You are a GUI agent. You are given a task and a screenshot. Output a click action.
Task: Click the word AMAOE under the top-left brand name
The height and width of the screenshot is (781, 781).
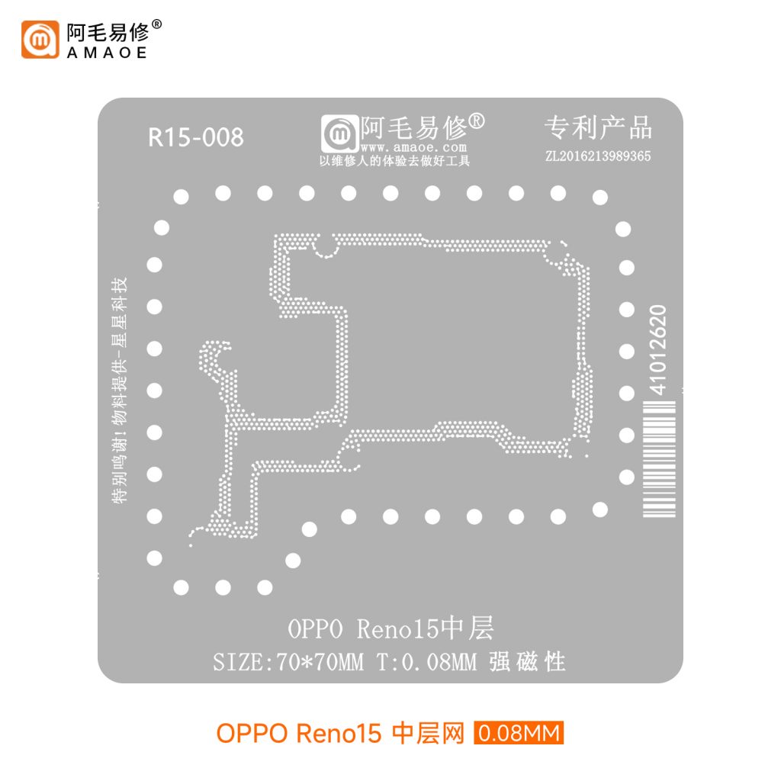[x=106, y=53]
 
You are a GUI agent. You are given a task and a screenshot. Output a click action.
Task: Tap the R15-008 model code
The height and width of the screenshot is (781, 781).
[x=196, y=137]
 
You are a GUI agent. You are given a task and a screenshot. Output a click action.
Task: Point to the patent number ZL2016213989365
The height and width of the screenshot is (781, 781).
[x=598, y=157]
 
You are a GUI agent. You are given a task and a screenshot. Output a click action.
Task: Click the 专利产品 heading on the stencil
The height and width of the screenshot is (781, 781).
[x=598, y=128]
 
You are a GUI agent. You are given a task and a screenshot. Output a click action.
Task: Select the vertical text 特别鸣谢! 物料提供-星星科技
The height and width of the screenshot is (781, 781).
[x=120, y=389]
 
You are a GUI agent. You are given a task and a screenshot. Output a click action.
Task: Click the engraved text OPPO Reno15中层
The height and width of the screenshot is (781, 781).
[x=390, y=630]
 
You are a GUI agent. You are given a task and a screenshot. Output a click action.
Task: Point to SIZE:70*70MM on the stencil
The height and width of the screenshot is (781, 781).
[x=288, y=662]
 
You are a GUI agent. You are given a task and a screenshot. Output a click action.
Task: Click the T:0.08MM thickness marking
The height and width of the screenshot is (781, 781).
[x=426, y=662]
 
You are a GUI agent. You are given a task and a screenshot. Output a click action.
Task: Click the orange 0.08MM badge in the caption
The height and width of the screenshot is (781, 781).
[x=519, y=734]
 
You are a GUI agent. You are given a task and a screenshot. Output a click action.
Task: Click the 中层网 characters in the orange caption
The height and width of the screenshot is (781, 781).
[x=427, y=734]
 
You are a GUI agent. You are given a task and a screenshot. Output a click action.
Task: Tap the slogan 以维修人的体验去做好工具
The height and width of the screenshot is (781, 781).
[x=394, y=161]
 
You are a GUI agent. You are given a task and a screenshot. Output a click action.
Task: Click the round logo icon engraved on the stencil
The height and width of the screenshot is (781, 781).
[x=338, y=134]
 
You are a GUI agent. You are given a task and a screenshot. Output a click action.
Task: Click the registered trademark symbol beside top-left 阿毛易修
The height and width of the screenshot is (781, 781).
[x=157, y=24]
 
